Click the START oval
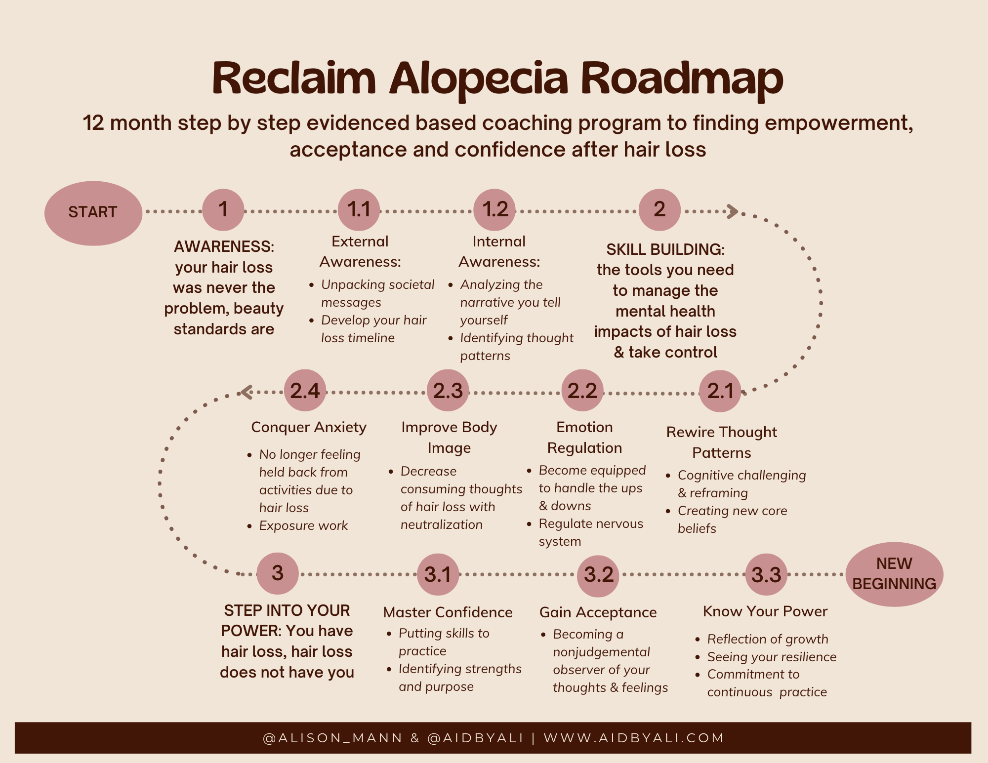click(x=93, y=213)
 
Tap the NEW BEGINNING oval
click(x=894, y=574)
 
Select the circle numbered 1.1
click(x=359, y=210)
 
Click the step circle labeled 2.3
click(x=448, y=391)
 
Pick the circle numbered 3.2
click(x=598, y=574)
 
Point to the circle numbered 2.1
click(x=720, y=391)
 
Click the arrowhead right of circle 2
click(x=732, y=211)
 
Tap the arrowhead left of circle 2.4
click(x=246, y=392)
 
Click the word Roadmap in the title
click(x=681, y=79)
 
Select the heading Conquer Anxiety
click(x=309, y=427)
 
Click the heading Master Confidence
click(x=448, y=612)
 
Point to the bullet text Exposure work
click(x=303, y=525)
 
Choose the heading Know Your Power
click(x=765, y=611)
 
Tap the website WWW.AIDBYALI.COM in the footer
click(x=634, y=738)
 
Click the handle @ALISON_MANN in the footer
click(x=333, y=738)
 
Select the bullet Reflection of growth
click(x=768, y=639)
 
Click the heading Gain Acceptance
click(x=598, y=612)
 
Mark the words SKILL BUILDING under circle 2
click(x=665, y=249)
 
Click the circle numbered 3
click(x=278, y=573)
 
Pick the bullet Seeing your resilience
click(x=772, y=657)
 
